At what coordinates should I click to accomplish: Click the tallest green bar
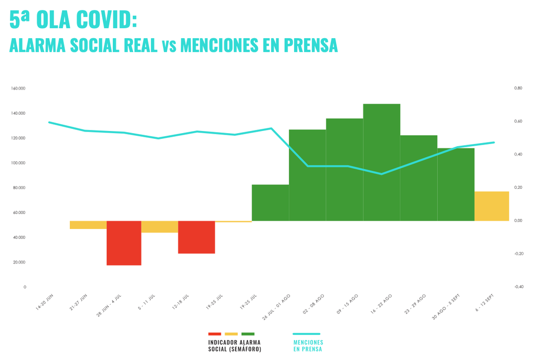click(x=381, y=162)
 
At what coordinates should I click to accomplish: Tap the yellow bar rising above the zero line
click(x=491, y=206)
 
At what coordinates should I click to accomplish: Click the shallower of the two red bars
click(x=196, y=237)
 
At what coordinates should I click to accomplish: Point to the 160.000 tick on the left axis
click(x=18, y=88)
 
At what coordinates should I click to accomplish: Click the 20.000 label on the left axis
click(x=18, y=262)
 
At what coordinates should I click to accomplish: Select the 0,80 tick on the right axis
click(x=518, y=88)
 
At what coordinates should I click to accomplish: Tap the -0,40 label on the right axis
click(x=518, y=287)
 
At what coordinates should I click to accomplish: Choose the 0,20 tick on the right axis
click(x=518, y=188)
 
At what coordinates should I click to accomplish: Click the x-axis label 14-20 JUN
click(x=45, y=302)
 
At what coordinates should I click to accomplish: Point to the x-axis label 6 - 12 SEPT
click(x=484, y=303)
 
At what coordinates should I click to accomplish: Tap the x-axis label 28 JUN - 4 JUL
click(x=109, y=305)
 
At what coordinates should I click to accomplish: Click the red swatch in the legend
click(x=214, y=334)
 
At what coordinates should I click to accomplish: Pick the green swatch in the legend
click(x=248, y=334)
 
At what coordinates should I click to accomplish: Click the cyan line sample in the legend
click(x=306, y=334)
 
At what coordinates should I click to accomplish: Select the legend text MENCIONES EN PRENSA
click(x=308, y=345)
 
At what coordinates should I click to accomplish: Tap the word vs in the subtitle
click(x=168, y=46)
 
